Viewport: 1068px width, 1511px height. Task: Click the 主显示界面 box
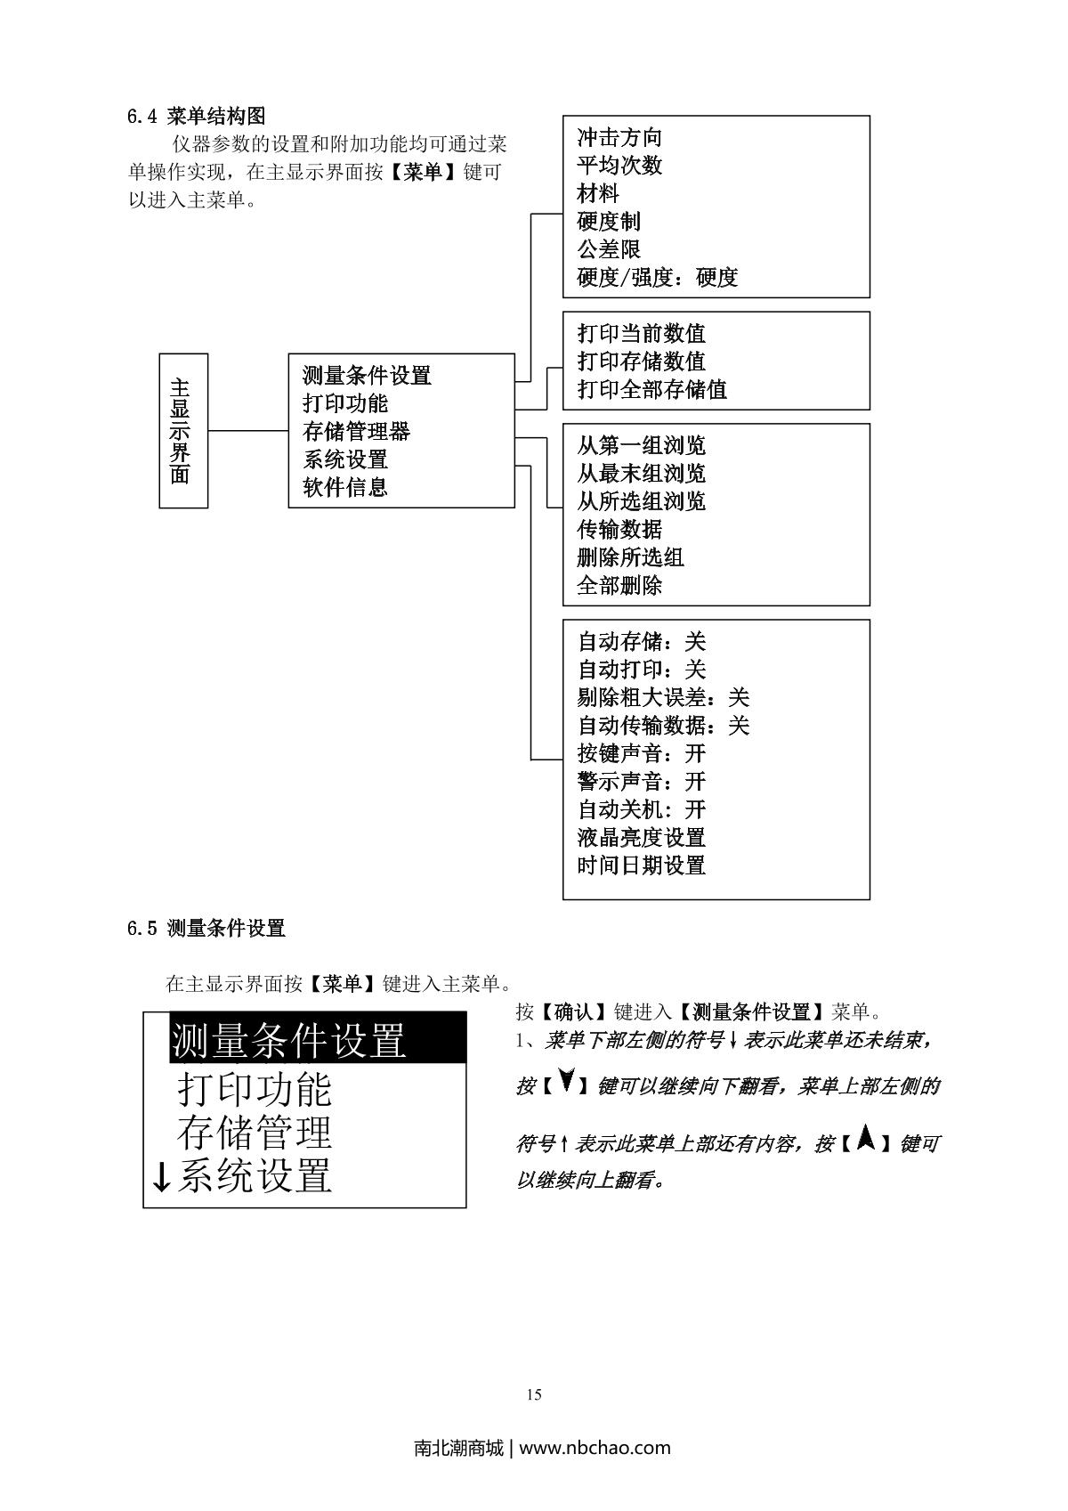[183, 431]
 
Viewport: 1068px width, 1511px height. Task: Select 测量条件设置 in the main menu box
[367, 376]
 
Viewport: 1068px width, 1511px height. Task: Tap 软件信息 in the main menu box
[345, 488]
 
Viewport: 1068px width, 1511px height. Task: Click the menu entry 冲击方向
[619, 138]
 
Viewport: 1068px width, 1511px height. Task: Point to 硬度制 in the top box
[609, 222]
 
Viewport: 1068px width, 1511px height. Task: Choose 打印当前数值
[641, 334]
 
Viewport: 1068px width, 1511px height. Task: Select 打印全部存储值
[651, 390]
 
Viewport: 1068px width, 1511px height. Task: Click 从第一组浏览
[641, 446]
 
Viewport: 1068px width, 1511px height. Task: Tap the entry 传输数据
[619, 530]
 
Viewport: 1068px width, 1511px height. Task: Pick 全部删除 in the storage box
[619, 586]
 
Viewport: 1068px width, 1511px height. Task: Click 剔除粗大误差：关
[663, 698]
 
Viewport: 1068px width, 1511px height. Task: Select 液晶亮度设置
[641, 838]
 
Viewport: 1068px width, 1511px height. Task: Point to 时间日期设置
[641, 865]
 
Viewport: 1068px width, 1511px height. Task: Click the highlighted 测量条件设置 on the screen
[288, 1040]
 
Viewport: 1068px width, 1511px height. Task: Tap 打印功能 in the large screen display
[255, 1088]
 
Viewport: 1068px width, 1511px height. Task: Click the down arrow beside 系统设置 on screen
[161, 1177]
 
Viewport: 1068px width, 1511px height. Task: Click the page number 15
[534, 1395]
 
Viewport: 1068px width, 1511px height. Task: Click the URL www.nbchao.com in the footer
[595, 1448]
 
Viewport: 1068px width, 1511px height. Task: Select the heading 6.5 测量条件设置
[206, 929]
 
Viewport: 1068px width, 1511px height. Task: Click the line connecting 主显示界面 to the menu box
[248, 431]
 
